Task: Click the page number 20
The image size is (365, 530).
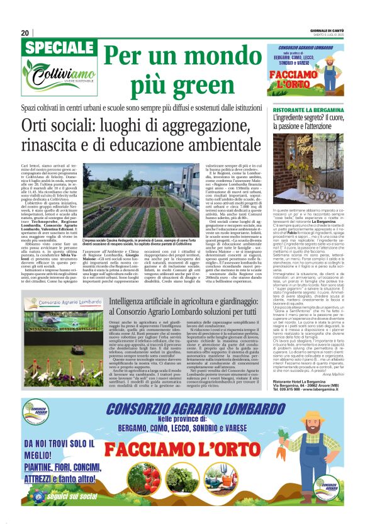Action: point(25,33)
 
